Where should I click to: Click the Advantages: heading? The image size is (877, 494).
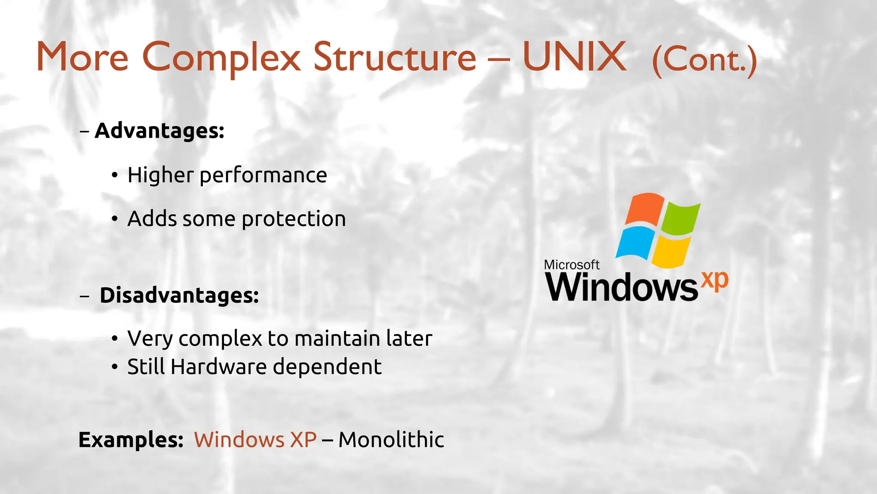pyautogui.click(x=159, y=130)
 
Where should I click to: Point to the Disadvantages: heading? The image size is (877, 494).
pyautogui.click(x=179, y=295)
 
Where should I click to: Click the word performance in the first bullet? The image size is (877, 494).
pyautogui.click(x=263, y=175)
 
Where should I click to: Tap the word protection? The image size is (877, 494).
pyautogui.click(x=294, y=219)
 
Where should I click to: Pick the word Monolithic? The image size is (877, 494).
pyautogui.click(x=391, y=440)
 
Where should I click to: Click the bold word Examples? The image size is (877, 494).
pyautogui.click(x=131, y=440)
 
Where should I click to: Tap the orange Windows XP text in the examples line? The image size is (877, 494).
pyautogui.click(x=255, y=440)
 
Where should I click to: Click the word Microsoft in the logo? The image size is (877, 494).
pyautogui.click(x=572, y=265)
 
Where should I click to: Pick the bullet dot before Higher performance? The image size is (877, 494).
pyautogui.click(x=114, y=175)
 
